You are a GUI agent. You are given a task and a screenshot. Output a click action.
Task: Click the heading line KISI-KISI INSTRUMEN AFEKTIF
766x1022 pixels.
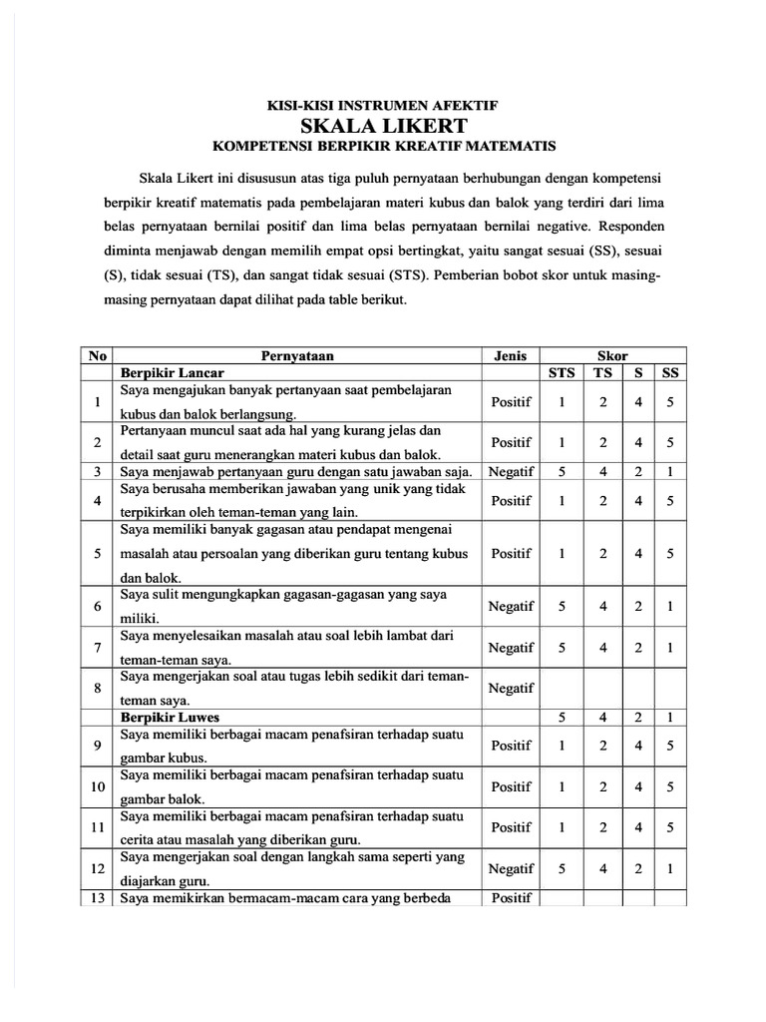pos(384,104)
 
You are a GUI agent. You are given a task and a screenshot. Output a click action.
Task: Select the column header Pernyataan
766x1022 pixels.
pos(297,355)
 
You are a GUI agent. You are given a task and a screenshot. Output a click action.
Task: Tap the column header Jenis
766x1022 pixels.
pos(511,355)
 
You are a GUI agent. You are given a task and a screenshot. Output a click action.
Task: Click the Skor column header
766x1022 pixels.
pos(612,355)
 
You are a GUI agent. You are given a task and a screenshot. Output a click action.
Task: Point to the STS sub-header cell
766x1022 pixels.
pos(563,372)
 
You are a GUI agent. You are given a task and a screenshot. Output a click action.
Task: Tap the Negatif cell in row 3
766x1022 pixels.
pos(511,470)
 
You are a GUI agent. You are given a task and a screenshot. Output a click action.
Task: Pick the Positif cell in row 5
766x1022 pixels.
pos(511,552)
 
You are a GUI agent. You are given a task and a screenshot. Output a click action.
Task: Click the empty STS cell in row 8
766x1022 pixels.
pos(563,688)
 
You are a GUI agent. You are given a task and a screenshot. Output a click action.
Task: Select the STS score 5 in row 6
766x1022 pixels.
pos(563,605)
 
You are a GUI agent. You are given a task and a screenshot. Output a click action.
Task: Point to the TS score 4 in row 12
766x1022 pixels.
pos(603,869)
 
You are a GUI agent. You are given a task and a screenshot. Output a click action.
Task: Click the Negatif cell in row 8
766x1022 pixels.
pos(511,688)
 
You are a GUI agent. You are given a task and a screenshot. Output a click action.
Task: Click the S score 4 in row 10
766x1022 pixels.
pos(638,786)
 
